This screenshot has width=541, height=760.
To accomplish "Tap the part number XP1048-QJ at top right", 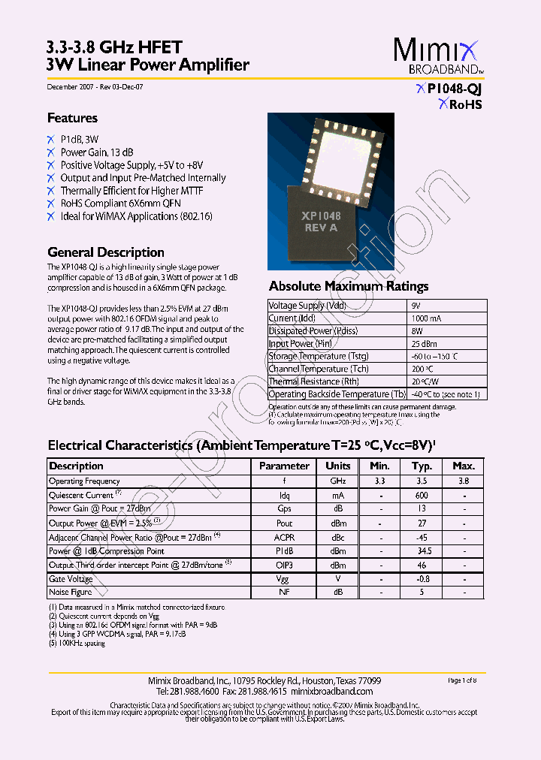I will pos(454,89).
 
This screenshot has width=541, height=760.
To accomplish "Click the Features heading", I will pos(72,118).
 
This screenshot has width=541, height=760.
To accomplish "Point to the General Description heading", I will pos(105,252).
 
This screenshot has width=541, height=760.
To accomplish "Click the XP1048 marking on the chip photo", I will pos(321,216).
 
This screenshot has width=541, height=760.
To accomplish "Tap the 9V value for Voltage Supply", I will pos(416,306).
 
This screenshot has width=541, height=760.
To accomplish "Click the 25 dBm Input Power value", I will pos(423,343).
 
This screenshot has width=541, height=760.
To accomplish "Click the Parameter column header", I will pos(284,466).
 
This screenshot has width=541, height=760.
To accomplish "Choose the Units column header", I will pos(338,466).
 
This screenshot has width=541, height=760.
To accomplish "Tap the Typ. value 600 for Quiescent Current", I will pos(422,495).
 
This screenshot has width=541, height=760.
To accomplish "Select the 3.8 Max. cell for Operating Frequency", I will pos(464,481).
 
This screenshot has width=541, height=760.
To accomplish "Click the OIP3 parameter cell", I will pos(284,565).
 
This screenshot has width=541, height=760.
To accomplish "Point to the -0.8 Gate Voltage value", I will pos(422,579).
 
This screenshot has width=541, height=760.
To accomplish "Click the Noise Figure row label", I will pos(70,593).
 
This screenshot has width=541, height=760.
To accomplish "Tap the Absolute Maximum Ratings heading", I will pos(349,286).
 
